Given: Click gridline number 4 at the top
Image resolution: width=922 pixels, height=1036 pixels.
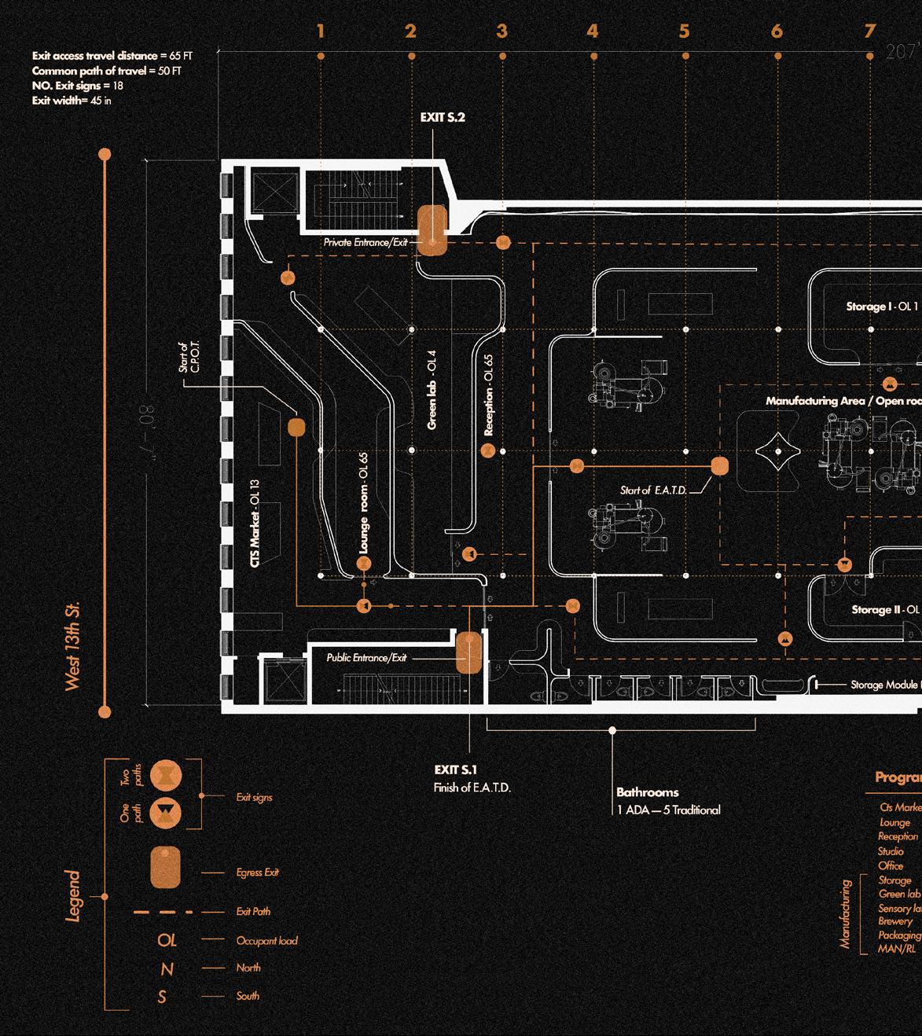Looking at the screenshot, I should point(593,31).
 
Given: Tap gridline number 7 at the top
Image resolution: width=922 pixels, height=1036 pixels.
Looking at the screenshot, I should point(869,31).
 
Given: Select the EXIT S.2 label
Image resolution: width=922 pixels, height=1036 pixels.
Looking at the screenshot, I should point(443,117).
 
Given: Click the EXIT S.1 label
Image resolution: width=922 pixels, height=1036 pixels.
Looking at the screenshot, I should point(455,770).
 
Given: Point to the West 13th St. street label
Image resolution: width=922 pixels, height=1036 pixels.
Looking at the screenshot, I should point(74,648).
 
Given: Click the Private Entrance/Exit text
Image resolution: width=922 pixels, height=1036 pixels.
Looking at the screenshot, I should point(365,243).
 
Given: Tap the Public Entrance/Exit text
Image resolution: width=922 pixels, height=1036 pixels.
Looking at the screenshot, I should point(367,658).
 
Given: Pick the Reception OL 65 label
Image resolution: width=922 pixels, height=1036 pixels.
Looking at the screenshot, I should point(489,395).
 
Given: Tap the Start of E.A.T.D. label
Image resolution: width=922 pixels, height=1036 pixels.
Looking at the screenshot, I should point(653,490).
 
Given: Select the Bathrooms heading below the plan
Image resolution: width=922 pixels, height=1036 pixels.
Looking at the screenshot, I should point(647,792).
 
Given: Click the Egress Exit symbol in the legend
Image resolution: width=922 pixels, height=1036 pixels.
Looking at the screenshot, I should point(166,869).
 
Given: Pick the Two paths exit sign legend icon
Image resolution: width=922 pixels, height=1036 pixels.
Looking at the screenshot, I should point(166,774).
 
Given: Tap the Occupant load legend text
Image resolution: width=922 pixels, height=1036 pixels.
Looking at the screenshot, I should point(266,940).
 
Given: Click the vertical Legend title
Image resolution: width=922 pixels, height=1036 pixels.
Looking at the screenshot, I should point(73,895).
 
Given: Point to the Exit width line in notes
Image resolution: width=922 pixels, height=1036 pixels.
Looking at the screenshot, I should point(72,101).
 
